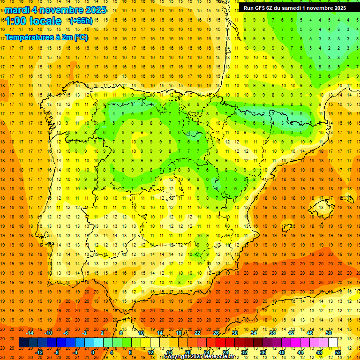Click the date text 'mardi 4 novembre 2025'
tap(56, 10)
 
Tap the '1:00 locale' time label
tap(33, 21)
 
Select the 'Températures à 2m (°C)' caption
tap(46, 37)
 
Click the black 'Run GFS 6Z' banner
tap(294, 7)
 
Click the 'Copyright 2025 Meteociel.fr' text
tap(199, 357)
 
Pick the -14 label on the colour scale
tap(30, 333)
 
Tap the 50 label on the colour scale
tap(329, 333)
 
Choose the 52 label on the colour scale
tap(338, 352)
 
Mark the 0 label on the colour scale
tap(92, 352)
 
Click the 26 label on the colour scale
tap(216, 333)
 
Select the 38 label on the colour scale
tap(272, 333)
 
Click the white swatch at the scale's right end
tap(333, 342)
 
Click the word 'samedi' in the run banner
tap(289, 7)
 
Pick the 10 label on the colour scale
tap(141, 333)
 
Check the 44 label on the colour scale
tap(300, 352)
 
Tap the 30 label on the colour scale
tap(235, 333)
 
